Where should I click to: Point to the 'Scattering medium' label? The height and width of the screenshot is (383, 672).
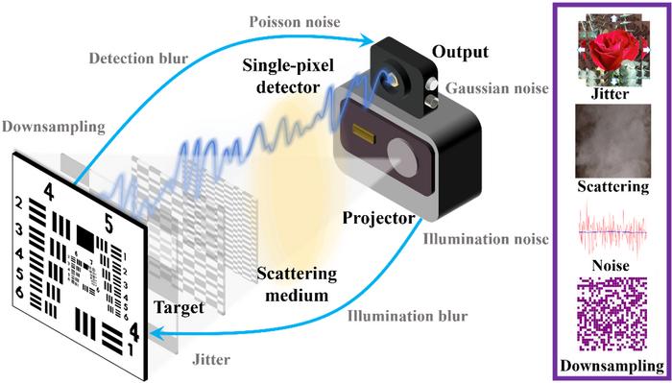tap(297, 283)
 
